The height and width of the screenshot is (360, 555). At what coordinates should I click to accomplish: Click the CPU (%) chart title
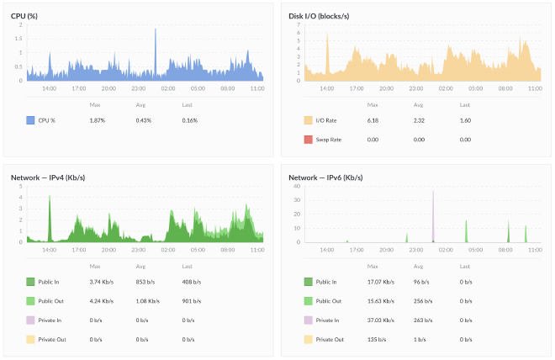29,13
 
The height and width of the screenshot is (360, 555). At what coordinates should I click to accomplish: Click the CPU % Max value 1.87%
97,120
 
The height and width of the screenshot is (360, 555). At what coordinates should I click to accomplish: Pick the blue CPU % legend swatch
30,120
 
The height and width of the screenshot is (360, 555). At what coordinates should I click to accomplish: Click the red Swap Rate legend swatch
308,139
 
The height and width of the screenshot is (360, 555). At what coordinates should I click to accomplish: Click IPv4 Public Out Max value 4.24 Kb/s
102,300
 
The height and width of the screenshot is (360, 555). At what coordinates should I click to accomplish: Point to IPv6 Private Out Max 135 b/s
376,339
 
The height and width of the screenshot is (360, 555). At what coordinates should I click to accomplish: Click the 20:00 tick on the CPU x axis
108,87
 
